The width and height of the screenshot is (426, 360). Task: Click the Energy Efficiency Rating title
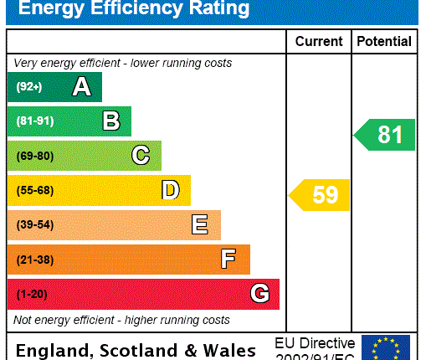point(134,9)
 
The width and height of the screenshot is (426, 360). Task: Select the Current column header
point(319,41)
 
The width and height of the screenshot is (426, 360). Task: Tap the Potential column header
point(384,41)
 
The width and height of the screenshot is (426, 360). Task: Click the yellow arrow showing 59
point(321,195)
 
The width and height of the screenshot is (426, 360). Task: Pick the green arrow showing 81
point(385,135)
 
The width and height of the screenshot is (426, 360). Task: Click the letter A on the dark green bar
point(81,86)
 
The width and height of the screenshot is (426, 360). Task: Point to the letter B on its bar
point(110,121)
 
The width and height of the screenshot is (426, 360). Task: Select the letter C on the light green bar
point(141,156)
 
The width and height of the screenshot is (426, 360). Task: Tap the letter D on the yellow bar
point(170,190)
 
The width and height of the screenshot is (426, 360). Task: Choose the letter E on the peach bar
point(199,224)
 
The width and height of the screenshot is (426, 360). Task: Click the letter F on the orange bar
point(228,260)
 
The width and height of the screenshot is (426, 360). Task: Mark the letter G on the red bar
point(259,294)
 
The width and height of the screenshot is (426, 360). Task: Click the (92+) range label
point(28,87)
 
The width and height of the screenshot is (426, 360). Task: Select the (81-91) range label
point(34,121)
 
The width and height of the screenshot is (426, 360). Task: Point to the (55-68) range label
point(34,191)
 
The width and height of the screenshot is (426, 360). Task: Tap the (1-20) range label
point(32,295)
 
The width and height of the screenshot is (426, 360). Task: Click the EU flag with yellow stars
point(386,347)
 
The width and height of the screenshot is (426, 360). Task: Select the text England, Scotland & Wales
point(136,350)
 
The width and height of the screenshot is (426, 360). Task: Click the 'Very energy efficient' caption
point(122,64)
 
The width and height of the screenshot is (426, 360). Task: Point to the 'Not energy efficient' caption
point(121,320)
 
